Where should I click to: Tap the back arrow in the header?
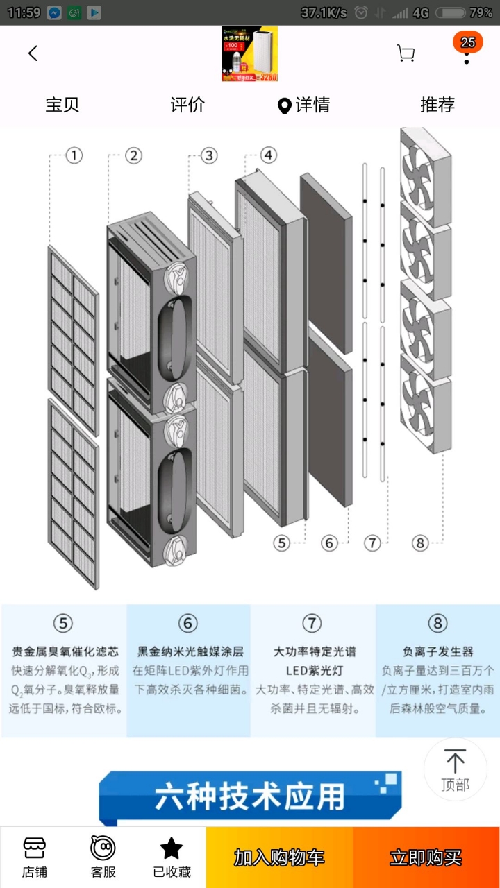(x=33, y=53)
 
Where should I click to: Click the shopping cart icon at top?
(x=406, y=53)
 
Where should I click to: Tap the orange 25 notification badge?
(x=467, y=42)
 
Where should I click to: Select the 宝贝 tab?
(x=62, y=105)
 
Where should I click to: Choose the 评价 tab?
(x=187, y=105)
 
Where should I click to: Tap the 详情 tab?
(x=304, y=105)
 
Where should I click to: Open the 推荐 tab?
(x=437, y=105)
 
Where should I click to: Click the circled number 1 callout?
(x=74, y=155)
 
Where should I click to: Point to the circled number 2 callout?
(x=133, y=155)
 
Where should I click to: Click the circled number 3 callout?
(x=208, y=155)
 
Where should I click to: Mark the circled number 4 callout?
(x=267, y=155)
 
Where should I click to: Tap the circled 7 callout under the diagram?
(x=373, y=543)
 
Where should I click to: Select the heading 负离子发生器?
(x=437, y=651)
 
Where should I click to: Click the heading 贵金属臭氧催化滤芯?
(x=65, y=651)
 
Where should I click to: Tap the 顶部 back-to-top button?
(x=455, y=769)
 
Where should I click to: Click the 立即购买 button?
(x=426, y=857)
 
